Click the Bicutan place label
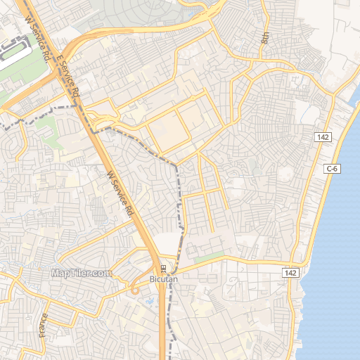coord(165,279)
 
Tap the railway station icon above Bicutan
coord(162,269)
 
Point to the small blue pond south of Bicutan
coord(150,302)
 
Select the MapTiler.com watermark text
coord(81,274)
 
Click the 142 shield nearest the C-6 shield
coord(323,137)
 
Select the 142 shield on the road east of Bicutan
coord(292,272)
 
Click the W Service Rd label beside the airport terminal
coord(38,39)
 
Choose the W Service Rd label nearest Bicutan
coord(120,193)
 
